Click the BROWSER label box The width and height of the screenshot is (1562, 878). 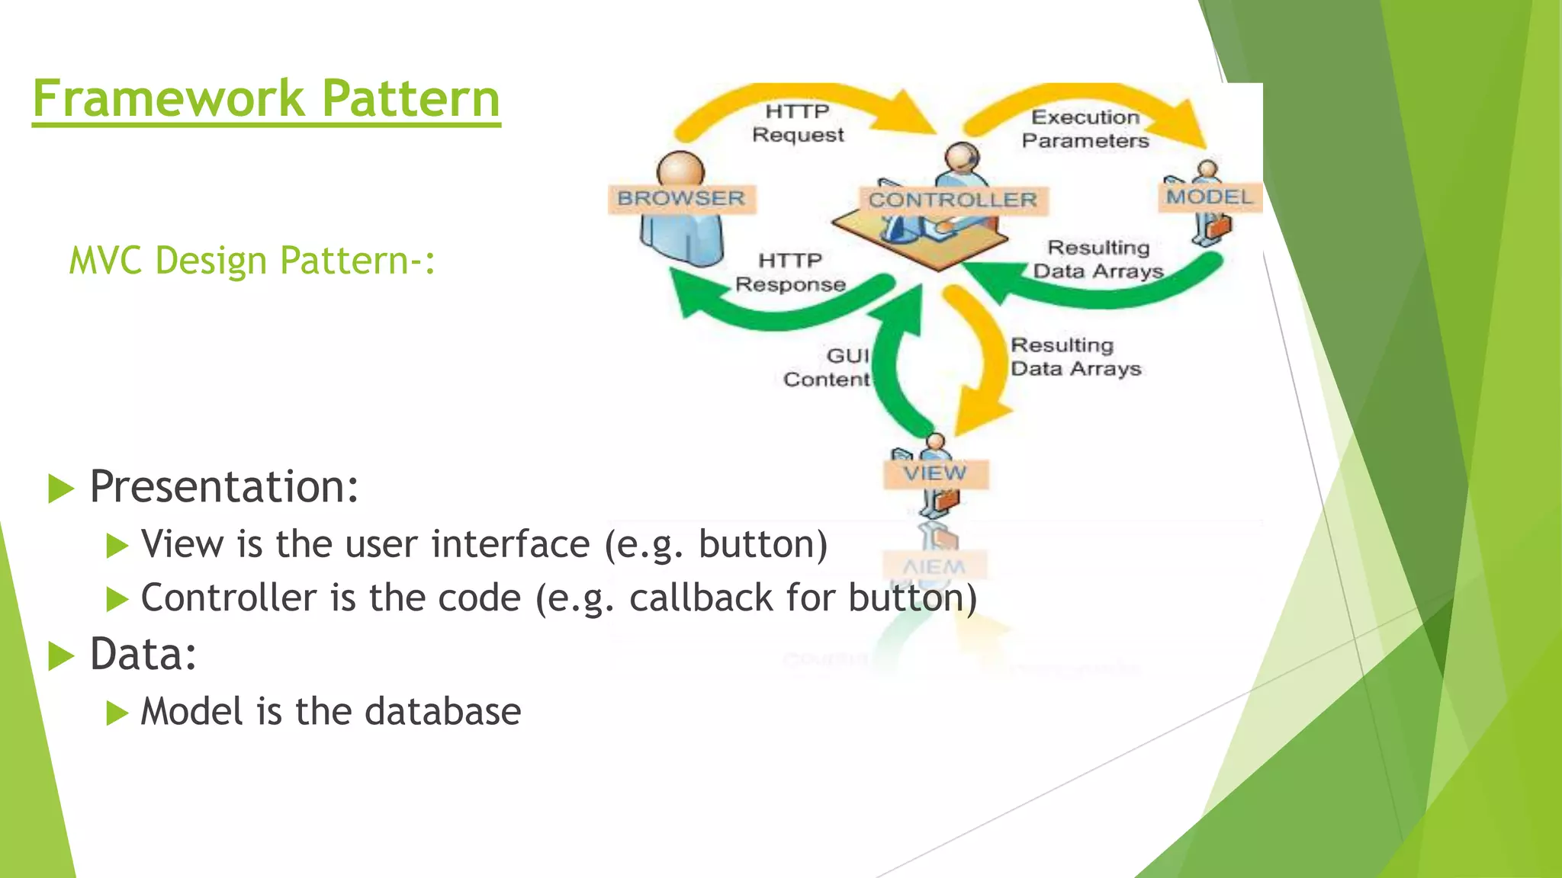(681, 199)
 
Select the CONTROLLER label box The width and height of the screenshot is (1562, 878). (953, 200)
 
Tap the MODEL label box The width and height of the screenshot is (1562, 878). (1210, 197)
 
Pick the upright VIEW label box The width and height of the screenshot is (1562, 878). (935, 473)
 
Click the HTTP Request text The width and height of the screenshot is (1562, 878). (798, 123)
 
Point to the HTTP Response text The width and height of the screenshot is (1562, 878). (790, 273)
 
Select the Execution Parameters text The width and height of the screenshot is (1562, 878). (1085, 129)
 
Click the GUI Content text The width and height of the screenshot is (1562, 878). (828, 368)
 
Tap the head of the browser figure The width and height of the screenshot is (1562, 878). (680, 168)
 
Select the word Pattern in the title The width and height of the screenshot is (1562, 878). (410, 99)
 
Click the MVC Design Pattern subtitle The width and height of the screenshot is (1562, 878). (252, 261)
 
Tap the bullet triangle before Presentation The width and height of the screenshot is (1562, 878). (61, 489)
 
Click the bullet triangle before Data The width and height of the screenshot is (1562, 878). (61, 656)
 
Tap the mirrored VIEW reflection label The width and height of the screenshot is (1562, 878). (934, 566)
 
